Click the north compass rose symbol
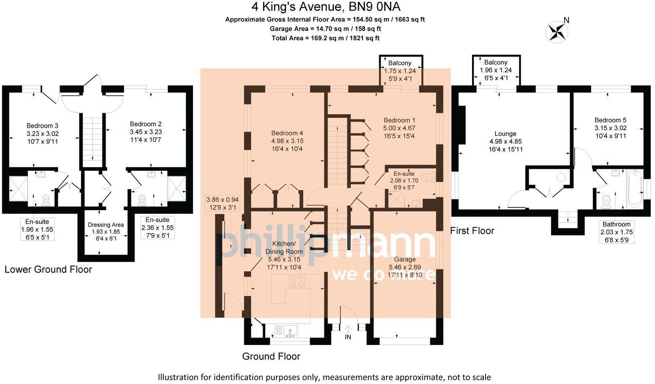click(557, 32)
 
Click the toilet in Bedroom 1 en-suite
click(428, 178)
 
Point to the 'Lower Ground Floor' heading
click(48, 269)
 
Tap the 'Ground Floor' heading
click(271, 356)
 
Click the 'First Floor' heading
click(472, 231)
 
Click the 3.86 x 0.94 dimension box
click(222, 203)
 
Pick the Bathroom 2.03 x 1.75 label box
click(616, 232)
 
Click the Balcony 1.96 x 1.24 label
click(496, 70)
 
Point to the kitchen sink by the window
click(290, 331)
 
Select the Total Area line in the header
click(325, 38)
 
